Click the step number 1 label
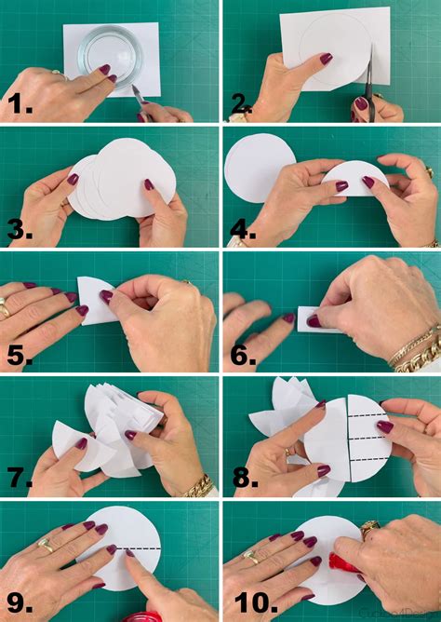coord(20,104)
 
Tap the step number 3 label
coord(20,229)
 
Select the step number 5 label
coord(20,355)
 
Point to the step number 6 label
coord(243,355)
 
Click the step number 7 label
coord(20,478)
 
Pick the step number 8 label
coord(246,478)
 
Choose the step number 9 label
coord(20,603)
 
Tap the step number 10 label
coord(256,603)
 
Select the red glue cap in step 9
coord(141,616)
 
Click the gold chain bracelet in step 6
coord(415,360)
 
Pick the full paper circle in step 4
coord(260,168)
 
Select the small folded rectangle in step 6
coord(313,319)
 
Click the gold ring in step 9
coord(47,546)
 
